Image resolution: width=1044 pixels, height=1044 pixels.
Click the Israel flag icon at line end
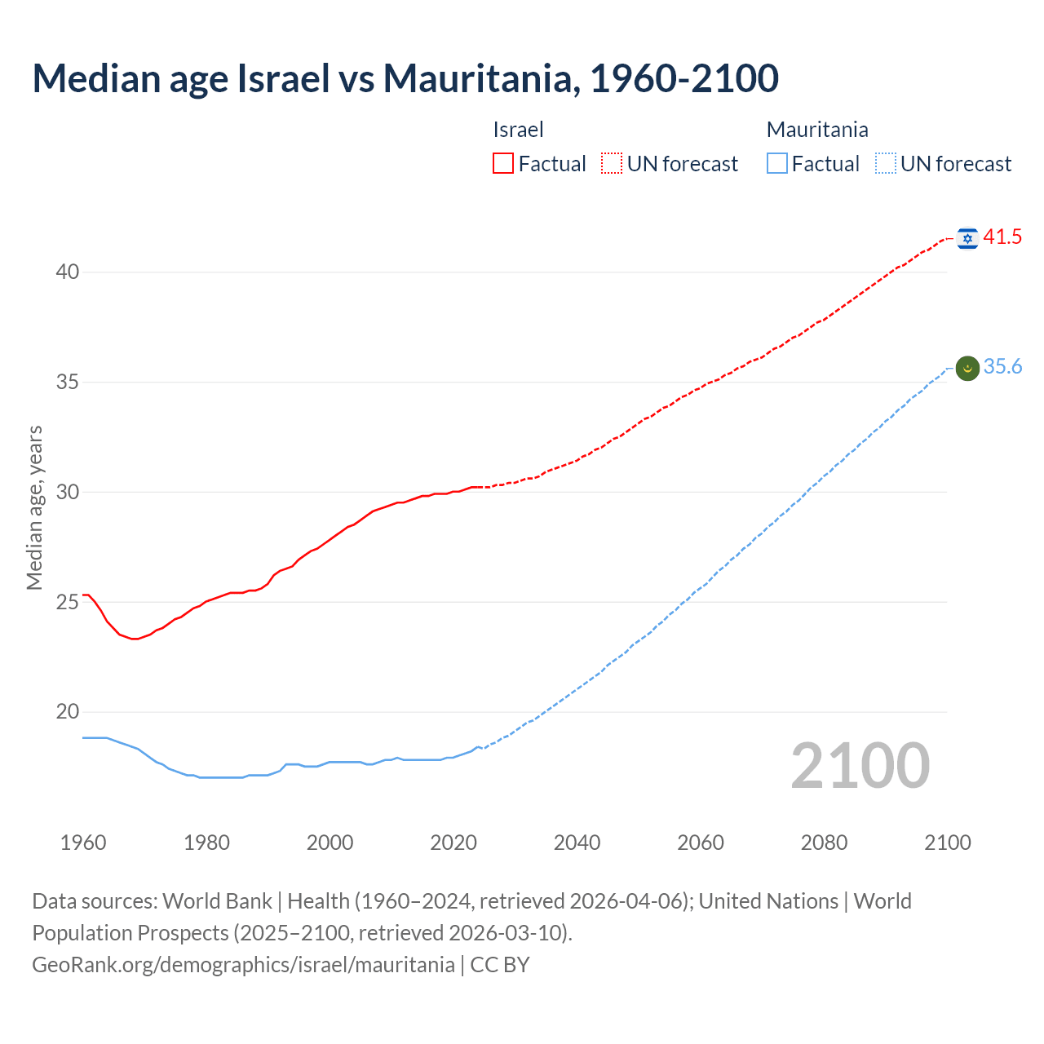point(967,238)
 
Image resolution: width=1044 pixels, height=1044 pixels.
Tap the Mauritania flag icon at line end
point(967,368)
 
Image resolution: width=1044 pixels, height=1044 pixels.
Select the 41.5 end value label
point(1002,237)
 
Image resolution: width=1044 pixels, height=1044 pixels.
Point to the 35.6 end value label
point(1002,367)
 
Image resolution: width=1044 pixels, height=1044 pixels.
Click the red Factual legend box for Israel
point(503,164)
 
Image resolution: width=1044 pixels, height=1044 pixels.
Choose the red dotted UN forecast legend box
point(612,164)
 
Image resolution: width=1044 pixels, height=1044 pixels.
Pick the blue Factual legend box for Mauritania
point(776,164)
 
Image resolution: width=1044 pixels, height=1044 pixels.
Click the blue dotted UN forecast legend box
point(885,164)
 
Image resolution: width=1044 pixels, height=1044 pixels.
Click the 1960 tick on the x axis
point(83,843)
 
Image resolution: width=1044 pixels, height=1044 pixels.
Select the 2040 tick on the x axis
point(577,843)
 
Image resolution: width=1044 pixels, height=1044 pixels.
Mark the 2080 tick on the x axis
point(824,843)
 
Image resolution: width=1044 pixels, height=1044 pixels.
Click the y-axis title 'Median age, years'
point(34,507)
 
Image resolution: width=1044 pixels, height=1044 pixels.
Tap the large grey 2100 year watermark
point(860,766)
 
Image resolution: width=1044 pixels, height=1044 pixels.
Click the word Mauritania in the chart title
point(481,78)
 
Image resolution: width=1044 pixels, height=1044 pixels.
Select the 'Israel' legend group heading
point(518,130)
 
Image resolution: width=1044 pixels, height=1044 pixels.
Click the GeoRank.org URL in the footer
point(243,965)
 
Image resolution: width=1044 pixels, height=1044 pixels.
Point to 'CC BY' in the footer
point(500,965)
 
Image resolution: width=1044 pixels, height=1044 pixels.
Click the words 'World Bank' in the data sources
point(217,901)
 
